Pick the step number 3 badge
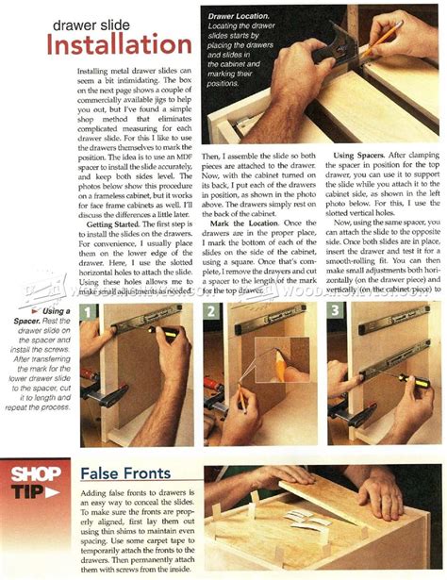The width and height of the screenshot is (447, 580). (333, 310)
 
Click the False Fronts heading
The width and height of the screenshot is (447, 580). (124, 472)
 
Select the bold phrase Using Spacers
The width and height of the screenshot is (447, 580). (368, 155)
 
